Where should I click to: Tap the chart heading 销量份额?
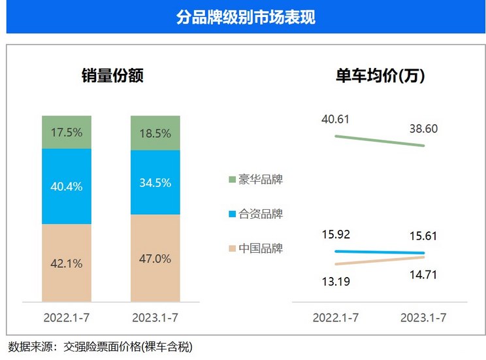112,75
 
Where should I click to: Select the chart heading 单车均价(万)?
380,75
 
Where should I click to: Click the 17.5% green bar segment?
66,132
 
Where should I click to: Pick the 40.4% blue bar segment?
66,186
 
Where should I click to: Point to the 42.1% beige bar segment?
66,263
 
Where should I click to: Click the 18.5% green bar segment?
155,133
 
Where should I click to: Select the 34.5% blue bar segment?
155,183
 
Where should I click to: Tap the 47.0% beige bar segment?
155,259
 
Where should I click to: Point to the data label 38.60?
424,129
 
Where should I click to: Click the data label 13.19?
335,282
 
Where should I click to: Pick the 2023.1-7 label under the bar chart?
155,318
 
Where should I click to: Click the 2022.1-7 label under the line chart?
335,318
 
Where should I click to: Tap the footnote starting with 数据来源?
101,346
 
